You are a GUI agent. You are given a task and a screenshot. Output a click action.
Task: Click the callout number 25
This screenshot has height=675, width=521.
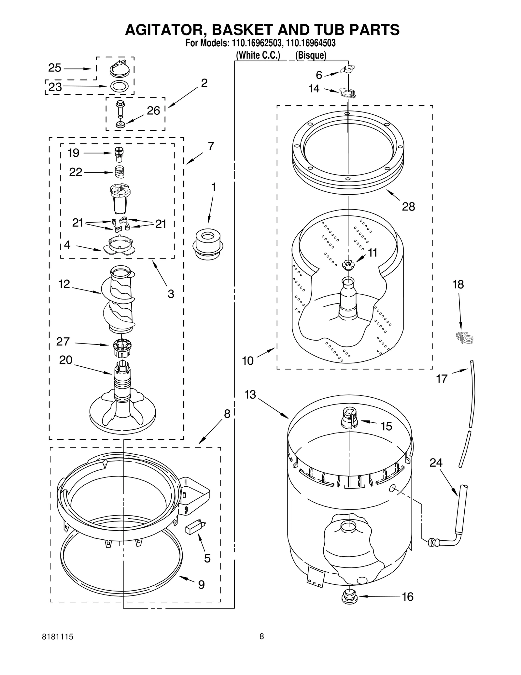click(55, 68)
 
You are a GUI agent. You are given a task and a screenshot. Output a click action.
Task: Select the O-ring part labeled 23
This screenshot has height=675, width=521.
click(119, 86)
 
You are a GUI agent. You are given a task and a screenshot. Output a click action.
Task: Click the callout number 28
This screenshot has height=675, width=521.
click(408, 206)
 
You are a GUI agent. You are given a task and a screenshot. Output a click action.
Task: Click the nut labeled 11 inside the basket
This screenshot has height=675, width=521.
click(348, 265)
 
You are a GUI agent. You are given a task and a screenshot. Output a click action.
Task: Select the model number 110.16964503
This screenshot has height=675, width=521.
click(311, 43)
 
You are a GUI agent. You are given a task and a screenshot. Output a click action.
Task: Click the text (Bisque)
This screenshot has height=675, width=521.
click(311, 55)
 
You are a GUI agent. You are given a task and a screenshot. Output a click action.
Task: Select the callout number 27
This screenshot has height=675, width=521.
click(63, 341)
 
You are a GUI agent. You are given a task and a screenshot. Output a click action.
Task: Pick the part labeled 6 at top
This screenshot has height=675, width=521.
click(348, 69)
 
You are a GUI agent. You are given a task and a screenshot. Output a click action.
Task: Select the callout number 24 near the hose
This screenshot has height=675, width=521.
click(436, 462)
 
